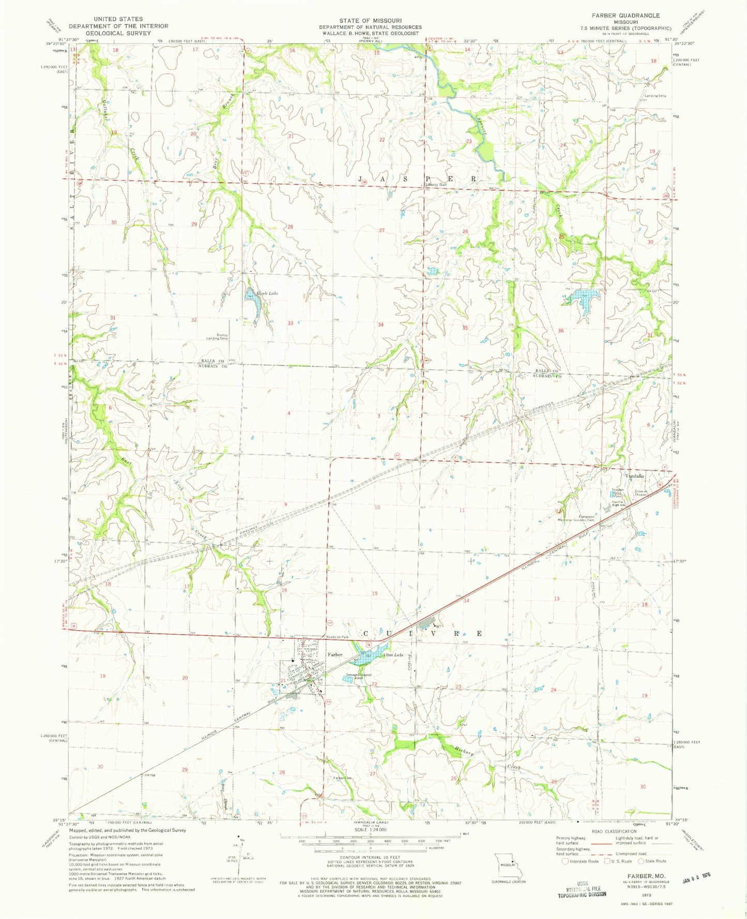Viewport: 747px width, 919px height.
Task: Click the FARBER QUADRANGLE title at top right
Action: tap(627, 16)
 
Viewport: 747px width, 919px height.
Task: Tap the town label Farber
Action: tap(335, 654)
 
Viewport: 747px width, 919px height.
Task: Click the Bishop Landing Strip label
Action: tap(216, 336)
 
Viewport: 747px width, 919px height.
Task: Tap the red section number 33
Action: tap(291, 323)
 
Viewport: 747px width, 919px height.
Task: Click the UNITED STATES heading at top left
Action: tap(118, 19)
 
